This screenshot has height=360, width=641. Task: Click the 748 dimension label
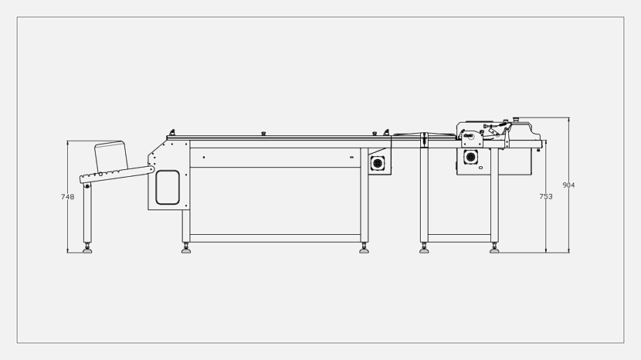67,197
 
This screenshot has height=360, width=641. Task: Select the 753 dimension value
546,196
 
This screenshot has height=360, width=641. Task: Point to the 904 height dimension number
568,185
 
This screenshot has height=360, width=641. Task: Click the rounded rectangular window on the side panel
168,188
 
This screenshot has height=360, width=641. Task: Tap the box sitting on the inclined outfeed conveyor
110,156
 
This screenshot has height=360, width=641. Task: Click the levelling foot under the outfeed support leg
87,249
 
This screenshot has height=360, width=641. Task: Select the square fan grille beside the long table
378,163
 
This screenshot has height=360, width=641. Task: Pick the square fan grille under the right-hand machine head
470,157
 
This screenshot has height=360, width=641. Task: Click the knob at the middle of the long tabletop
263,134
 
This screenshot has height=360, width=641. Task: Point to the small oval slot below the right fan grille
480,168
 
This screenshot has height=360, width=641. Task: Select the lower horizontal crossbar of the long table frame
275,238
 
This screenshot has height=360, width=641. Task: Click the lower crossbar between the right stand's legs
459,238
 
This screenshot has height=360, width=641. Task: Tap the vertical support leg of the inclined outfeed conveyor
87,215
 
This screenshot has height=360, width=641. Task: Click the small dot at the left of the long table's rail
204,157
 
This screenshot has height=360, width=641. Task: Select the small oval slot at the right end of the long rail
351,157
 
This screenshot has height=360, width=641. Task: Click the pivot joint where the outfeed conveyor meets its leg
87,186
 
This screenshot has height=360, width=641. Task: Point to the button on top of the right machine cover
517,120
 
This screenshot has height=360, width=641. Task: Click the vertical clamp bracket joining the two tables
424,139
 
